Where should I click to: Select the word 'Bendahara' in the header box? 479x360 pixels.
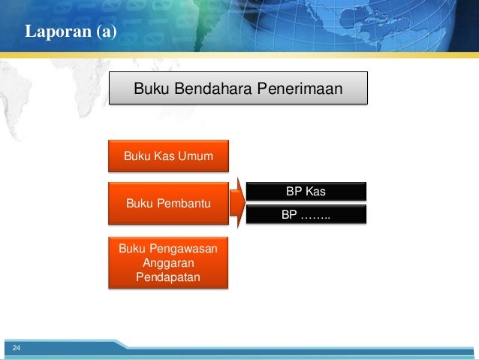pyautogui.click(x=213, y=90)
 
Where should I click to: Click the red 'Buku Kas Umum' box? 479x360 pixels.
pyautogui.click(x=169, y=156)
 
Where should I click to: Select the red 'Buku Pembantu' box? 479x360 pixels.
pyautogui.click(x=169, y=204)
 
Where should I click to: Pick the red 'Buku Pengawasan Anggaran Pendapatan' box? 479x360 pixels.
pyautogui.click(x=169, y=264)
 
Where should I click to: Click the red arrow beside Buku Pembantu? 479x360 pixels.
pyautogui.click(x=238, y=203)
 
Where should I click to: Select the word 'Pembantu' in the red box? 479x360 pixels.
pyautogui.click(x=185, y=204)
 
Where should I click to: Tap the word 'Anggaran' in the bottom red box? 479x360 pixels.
pyautogui.click(x=169, y=264)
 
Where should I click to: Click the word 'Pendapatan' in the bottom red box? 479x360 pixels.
pyautogui.click(x=169, y=277)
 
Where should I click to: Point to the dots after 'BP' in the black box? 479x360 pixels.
pyautogui.click(x=316, y=216)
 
